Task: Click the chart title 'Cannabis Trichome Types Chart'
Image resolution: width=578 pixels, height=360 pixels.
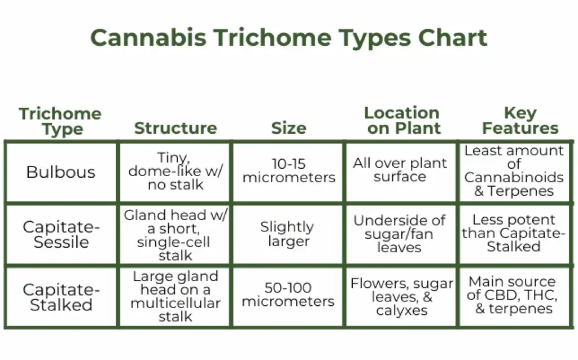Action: pyautogui.click(x=288, y=38)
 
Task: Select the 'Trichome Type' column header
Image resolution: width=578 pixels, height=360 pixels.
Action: pyautogui.click(x=60, y=121)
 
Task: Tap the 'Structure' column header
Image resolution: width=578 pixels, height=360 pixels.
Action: pyautogui.click(x=176, y=129)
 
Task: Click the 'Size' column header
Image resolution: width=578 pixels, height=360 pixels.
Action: pyautogui.click(x=288, y=129)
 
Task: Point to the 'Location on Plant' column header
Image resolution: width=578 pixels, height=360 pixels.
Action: pyautogui.click(x=402, y=121)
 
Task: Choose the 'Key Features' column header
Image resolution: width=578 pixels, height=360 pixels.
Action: pyautogui.click(x=520, y=121)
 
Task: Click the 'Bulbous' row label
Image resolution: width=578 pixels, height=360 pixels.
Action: pyautogui.click(x=61, y=172)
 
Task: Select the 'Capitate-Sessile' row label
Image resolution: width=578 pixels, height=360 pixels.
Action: pyautogui.click(x=61, y=235)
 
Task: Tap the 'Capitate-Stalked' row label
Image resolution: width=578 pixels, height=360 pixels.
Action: pyautogui.click(x=61, y=297)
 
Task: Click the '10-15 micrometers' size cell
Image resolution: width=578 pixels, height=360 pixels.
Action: pyautogui.click(x=288, y=171)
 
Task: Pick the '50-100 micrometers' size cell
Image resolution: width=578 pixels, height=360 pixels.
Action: pyautogui.click(x=288, y=295)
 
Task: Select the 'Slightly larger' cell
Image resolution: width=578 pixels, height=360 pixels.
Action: pyautogui.click(x=287, y=234)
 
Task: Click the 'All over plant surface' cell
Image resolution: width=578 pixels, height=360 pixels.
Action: pyautogui.click(x=400, y=170)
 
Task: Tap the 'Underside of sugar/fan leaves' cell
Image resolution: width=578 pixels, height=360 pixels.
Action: pyautogui.click(x=400, y=234)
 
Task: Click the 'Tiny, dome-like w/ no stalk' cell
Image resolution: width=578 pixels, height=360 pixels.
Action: pyautogui.click(x=176, y=171)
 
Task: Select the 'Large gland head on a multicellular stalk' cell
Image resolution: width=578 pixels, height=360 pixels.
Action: pyautogui.click(x=176, y=297)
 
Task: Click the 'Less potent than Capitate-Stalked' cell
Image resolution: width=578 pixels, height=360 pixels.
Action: pyautogui.click(x=514, y=234)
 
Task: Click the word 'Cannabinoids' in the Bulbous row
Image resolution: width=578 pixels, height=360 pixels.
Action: pyautogui.click(x=514, y=178)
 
